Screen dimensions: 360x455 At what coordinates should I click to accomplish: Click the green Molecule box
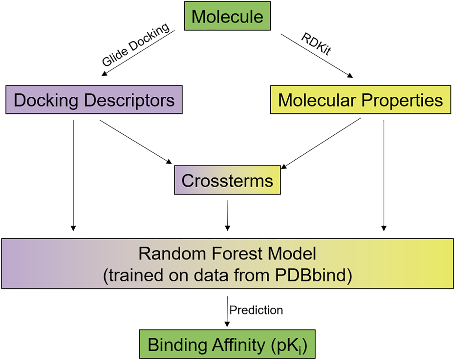pos(227,17)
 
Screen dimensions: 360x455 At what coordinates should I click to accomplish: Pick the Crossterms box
pos(227,181)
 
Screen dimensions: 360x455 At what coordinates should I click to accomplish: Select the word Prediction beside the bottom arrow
pos(256,310)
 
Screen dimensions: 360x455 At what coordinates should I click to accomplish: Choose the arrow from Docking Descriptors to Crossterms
pos(136,141)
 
